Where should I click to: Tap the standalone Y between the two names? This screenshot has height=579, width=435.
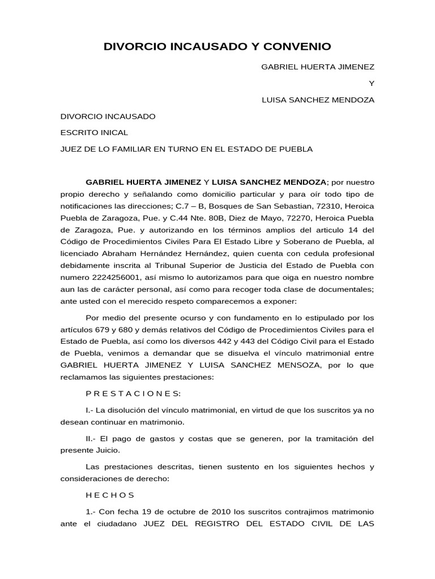(372, 83)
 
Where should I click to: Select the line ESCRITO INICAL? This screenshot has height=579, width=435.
(94, 133)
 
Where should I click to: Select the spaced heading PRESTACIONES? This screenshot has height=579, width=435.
(133, 394)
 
